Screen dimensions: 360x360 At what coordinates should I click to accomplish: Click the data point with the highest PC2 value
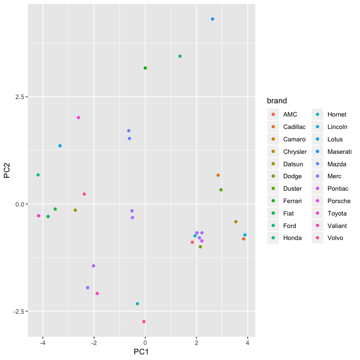coord(213,19)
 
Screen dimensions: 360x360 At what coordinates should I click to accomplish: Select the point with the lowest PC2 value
coord(144,321)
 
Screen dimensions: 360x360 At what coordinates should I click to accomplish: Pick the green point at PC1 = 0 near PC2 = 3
coord(145,68)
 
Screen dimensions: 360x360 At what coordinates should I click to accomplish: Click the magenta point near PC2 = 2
coord(78,117)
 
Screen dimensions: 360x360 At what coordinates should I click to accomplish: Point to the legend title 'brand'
coord(277,101)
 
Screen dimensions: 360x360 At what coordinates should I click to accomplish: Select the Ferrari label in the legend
coord(292,201)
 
